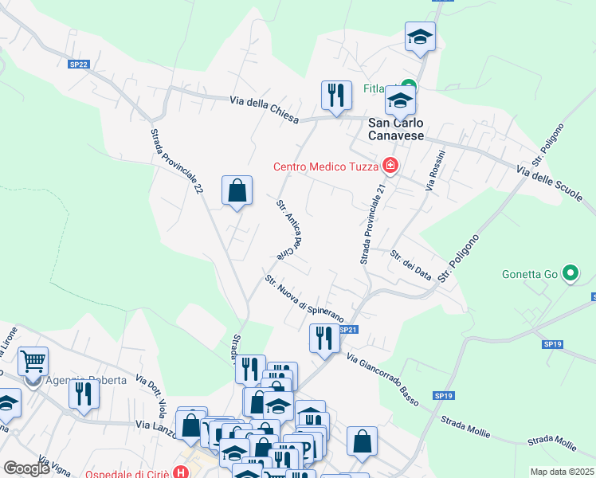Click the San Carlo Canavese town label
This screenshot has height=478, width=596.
click(396, 129)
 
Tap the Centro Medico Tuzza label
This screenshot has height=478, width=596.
click(326, 167)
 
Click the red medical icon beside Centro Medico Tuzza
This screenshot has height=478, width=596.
click(390, 167)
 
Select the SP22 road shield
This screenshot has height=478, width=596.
click(78, 65)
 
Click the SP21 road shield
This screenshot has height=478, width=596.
click(347, 329)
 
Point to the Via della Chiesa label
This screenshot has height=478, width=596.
click(264, 111)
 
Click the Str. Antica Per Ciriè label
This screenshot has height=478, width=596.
click(292, 230)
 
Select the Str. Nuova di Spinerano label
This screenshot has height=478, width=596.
click(304, 296)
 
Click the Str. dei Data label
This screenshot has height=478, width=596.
click(411, 264)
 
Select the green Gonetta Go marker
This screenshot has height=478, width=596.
click(570, 275)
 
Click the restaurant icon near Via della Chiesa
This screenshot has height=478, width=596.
click(336, 95)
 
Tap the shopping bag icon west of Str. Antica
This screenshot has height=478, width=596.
click(237, 191)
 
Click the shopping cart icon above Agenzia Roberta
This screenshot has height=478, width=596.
click(33, 362)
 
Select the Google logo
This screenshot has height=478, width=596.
click(26, 468)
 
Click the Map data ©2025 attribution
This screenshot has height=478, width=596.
click(561, 472)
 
